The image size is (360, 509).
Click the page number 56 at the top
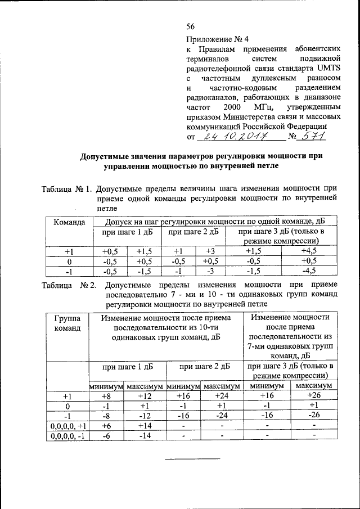pos(190,26)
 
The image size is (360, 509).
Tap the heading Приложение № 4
pos(217,40)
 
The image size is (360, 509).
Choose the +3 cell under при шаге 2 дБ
pos(210,250)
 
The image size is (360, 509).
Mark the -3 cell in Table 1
pos(210,271)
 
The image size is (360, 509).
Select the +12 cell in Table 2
pos(144,397)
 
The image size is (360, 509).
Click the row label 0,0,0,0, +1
pos(67,426)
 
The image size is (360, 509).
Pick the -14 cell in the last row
pos(144,436)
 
